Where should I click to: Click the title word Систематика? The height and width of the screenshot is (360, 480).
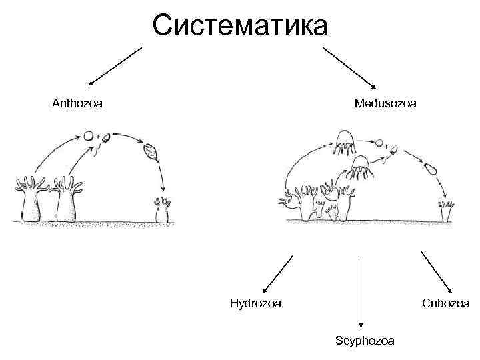pos(240,26)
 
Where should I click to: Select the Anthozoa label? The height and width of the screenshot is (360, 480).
pos(77,103)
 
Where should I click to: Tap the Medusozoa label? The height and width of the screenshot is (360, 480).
pos(385,103)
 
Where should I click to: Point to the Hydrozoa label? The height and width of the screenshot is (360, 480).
pos(255,303)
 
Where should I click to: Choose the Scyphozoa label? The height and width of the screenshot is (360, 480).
pos(364,341)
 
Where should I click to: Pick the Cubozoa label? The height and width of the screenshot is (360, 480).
pos(445,303)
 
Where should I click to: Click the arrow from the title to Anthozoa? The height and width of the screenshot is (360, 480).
pos(116,66)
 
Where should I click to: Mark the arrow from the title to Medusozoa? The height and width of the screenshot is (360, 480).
pos(351,66)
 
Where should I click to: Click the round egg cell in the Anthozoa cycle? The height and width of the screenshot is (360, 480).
pos(89,136)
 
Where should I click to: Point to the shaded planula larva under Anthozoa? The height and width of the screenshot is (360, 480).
pos(151,152)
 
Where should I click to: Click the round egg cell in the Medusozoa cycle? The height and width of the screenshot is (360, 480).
pos(380,143)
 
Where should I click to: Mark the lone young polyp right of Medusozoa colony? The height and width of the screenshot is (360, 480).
pos(446,210)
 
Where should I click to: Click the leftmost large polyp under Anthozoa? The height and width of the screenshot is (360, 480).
pos(31,198)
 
